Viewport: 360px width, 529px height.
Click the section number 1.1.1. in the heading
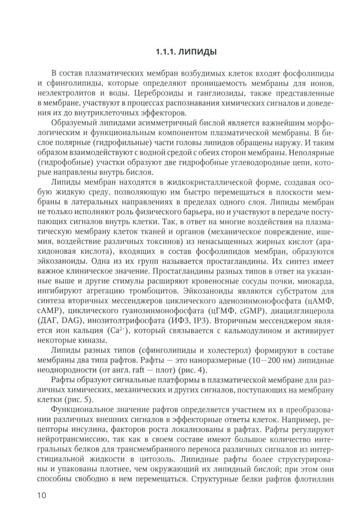166,53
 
